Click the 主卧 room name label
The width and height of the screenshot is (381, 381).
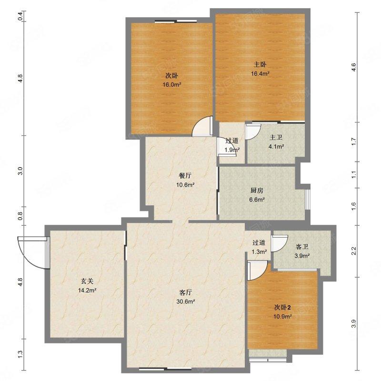(x=260, y=65)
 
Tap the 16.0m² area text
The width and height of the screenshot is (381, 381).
(x=172, y=85)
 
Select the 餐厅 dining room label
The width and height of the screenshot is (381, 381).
(x=185, y=176)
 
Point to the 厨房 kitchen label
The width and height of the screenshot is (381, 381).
(x=257, y=190)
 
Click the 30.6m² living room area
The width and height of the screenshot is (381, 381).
(x=186, y=302)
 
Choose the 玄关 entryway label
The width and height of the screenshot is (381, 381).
(x=87, y=281)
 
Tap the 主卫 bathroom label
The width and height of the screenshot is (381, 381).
(x=276, y=138)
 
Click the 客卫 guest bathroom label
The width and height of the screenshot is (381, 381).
(x=302, y=247)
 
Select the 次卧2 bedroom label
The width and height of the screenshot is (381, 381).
(x=282, y=308)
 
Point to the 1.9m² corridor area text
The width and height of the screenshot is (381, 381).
(x=232, y=150)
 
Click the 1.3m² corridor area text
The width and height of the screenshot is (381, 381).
(x=259, y=252)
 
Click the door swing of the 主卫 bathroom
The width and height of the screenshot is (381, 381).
(x=253, y=132)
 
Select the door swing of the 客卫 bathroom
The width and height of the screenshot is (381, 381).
(x=280, y=243)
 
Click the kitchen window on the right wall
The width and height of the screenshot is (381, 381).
(x=308, y=196)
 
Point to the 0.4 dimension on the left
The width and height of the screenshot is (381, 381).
(x=20, y=16)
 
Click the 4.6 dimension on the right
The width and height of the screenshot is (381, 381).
(x=353, y=67)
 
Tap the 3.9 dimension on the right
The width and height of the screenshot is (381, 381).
(x=353, y=324)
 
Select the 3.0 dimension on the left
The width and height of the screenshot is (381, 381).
(x=20, y=171)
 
